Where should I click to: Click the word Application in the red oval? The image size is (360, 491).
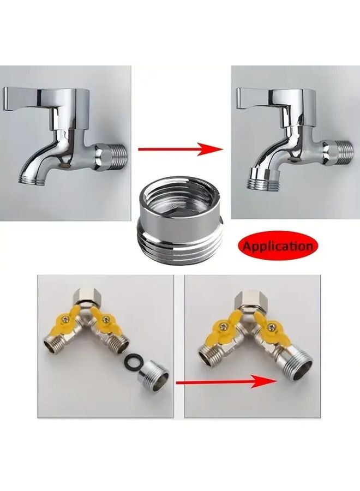tap(278, 246)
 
